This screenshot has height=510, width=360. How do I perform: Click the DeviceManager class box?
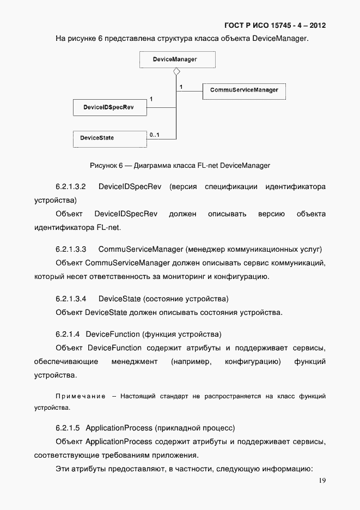pyautogui.click(x=175, y=59)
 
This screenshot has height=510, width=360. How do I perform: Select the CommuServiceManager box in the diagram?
pyautogui.click(x=244, y=90)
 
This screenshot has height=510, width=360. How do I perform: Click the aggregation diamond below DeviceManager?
pyautogui.click(x=176, y=72)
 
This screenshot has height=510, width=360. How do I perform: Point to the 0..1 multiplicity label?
pyautogui.click(x=154, y=134)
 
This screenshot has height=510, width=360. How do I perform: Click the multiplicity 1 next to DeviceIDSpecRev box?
pyautogui.click(x=151, y=99)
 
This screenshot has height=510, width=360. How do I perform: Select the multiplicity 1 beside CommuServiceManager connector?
pyautogui.click(x=181, y=86)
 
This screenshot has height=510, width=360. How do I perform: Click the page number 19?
pyautogui.click(x=322, y=481)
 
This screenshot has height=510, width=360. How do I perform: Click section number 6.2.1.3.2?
pyautogui.click(x=71, y=187)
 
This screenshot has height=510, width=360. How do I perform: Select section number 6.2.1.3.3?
pyautogui.click(x=71, y=249)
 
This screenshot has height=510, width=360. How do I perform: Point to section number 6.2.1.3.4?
pyautogui.click(x=71, y=299)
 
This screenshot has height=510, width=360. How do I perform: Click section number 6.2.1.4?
pyautogui.click(x=68, y=333)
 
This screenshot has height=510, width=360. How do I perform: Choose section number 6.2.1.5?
pyautogui.click(x=68, y=427)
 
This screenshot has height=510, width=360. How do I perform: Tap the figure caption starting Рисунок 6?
pyautogui.click(x=180, y=165)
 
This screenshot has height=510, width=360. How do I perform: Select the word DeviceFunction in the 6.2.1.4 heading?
pyautogui.click(x=113, y=333)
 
